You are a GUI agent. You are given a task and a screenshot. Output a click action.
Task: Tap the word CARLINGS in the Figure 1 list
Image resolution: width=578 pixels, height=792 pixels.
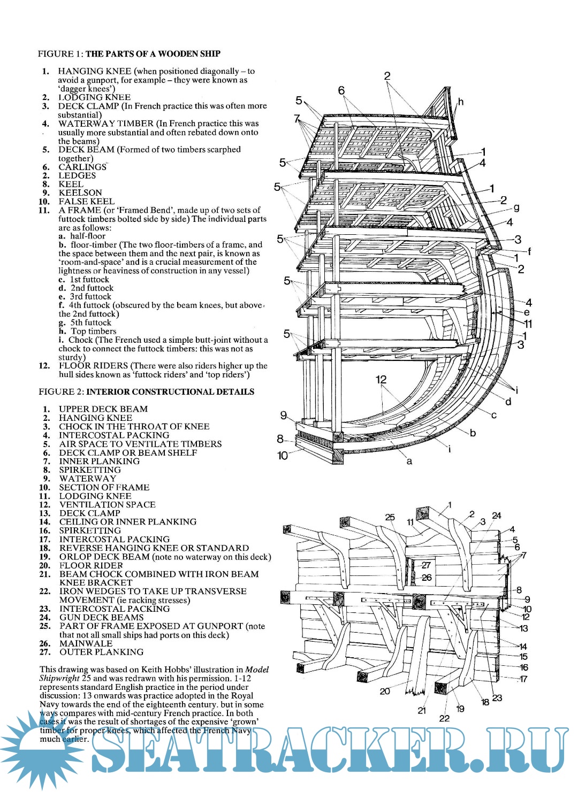tap(82, 167)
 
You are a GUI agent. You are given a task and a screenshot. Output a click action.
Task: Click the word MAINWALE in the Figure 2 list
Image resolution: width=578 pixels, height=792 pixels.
tap(86, 643)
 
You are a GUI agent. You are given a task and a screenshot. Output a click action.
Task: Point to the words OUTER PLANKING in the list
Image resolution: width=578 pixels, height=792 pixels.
tap(101, 652)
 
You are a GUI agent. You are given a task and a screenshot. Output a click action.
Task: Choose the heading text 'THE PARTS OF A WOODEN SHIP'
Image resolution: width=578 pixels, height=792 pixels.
tap(153, 53)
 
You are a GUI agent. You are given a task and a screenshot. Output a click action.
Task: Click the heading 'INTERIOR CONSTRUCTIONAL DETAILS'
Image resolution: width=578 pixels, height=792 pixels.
tap(170, 391)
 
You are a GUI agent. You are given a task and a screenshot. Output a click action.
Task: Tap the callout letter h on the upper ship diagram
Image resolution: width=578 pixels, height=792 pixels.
tap(461, 102)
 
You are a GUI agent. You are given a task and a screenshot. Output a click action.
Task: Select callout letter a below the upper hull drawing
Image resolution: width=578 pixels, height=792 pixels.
tap(409, 461)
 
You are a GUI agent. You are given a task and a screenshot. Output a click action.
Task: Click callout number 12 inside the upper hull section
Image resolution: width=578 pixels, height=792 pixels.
tap(381, 380)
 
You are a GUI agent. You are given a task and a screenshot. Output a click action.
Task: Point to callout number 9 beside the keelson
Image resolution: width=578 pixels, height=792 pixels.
tap(284, 416)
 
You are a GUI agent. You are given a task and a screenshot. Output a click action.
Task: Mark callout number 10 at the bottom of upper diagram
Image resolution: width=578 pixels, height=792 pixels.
tap(283, 455)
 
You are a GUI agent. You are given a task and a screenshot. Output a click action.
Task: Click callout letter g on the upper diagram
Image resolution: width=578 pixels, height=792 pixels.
tap(516, 207)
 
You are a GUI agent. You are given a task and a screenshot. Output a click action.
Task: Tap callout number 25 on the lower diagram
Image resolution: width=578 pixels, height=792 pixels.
tap(390, 517)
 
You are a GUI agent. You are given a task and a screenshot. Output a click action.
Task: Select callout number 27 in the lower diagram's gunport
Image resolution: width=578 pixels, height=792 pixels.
tap(426, 565)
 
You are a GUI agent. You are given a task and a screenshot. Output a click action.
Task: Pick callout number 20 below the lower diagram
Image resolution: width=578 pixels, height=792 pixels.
tap(385, 691)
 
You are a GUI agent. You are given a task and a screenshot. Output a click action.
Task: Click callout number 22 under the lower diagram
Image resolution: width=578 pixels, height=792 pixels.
tap(444, 718)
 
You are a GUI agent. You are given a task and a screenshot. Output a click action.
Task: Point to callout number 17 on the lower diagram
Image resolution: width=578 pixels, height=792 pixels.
tap(523, 679)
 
